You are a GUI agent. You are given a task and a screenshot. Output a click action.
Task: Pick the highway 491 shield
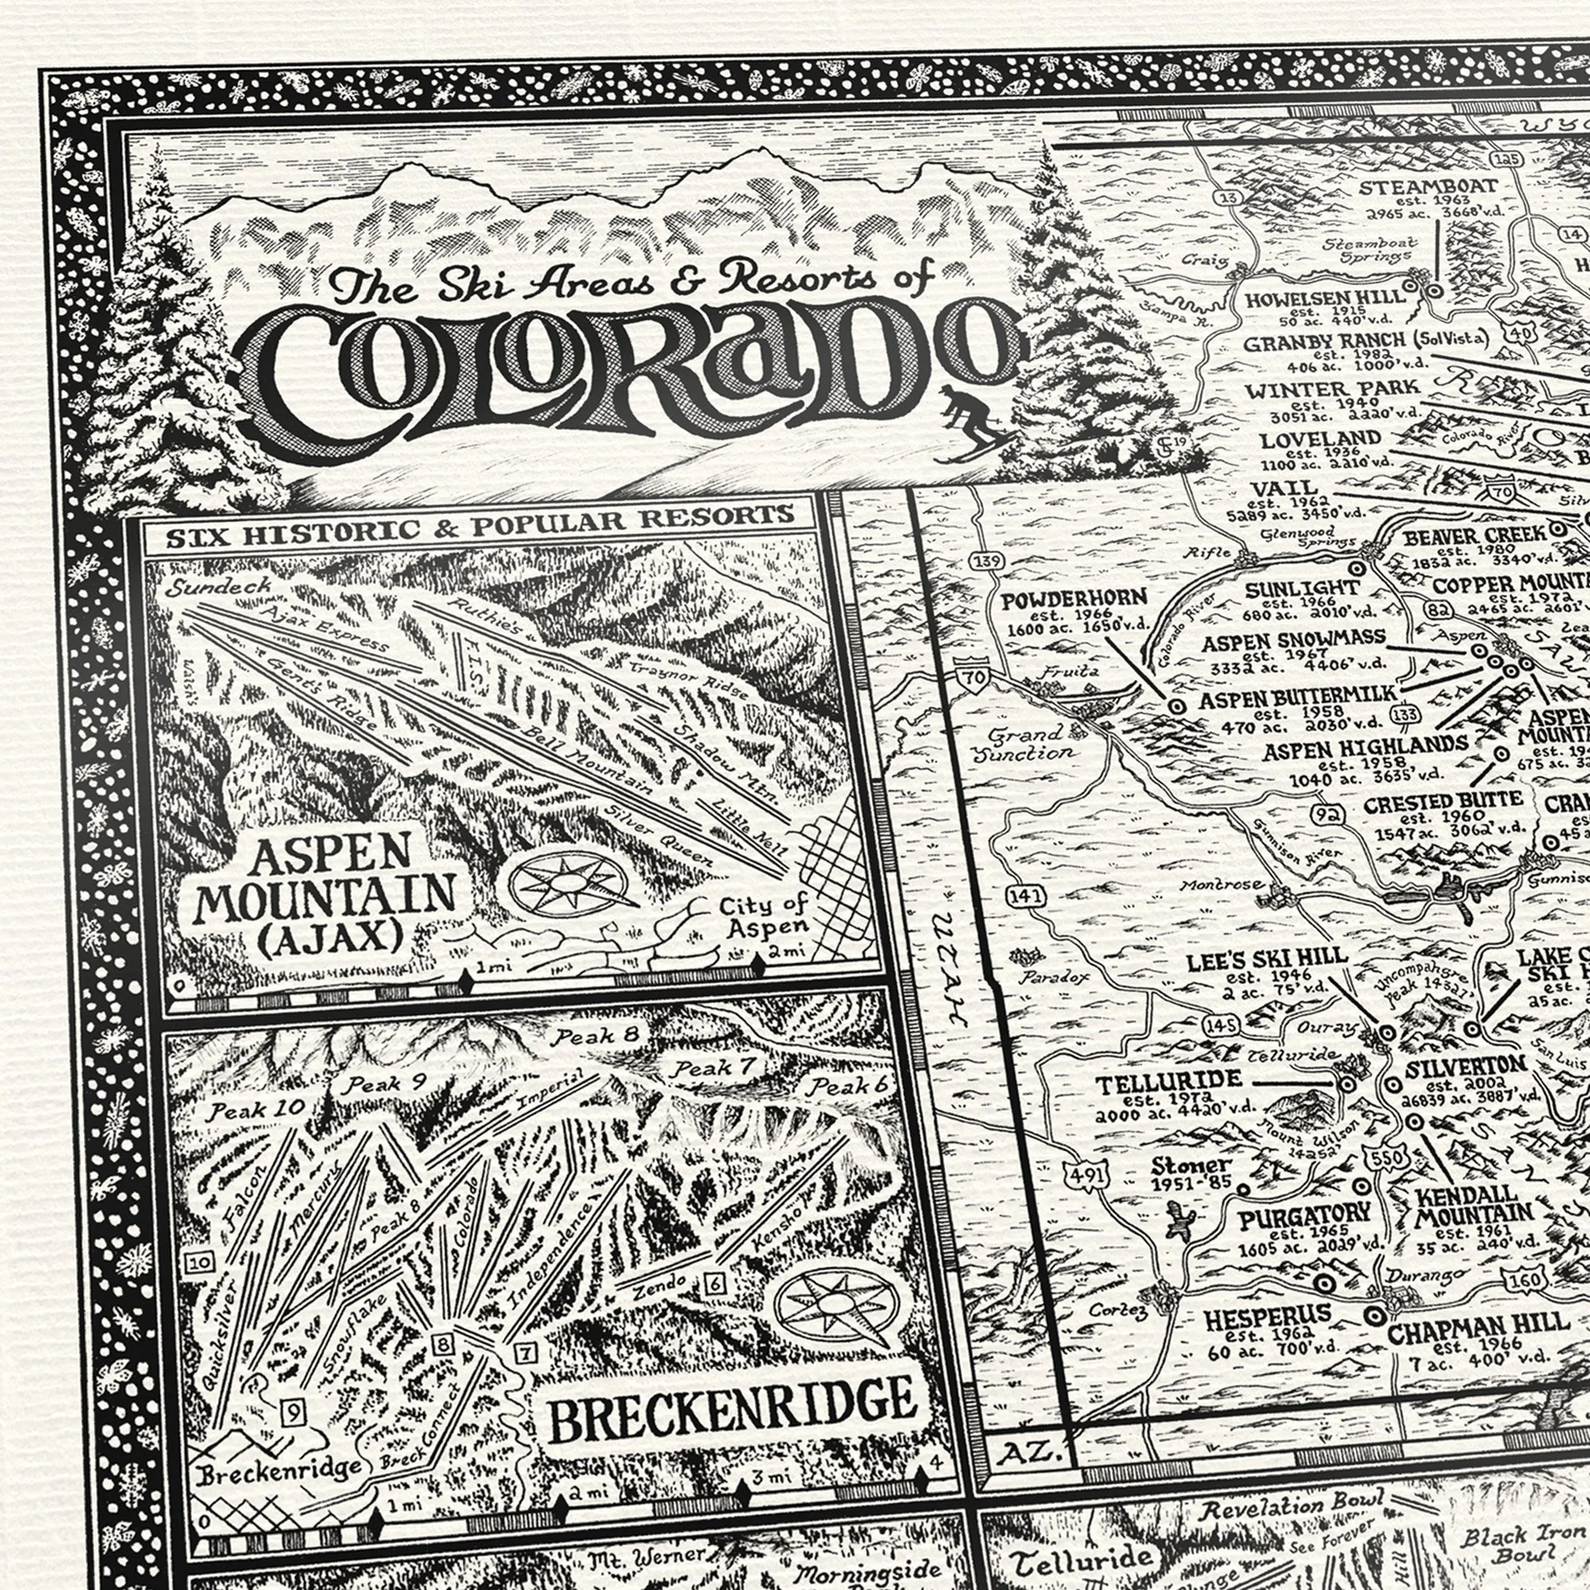tap(1084, 1174)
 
